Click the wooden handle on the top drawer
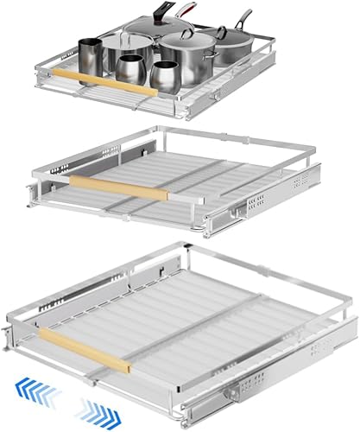click(x=112, y=81)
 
